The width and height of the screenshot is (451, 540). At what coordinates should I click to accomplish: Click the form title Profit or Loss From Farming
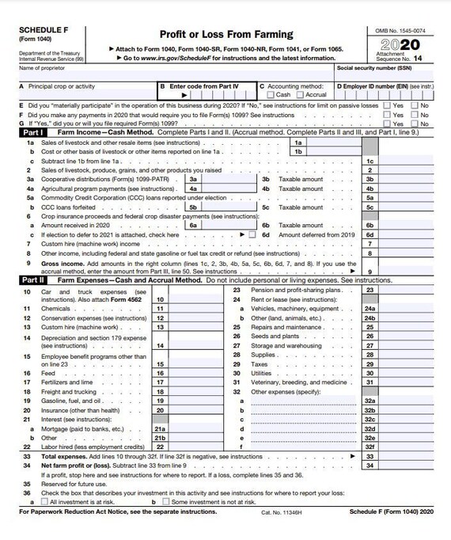click(x=226, y=35)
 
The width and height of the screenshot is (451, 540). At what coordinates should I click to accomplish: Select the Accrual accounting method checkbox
click(x=299, y=94)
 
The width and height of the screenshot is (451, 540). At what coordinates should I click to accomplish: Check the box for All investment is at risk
click(x=45, y=502)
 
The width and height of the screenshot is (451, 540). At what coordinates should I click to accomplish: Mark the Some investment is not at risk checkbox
click(x=164, y=502)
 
